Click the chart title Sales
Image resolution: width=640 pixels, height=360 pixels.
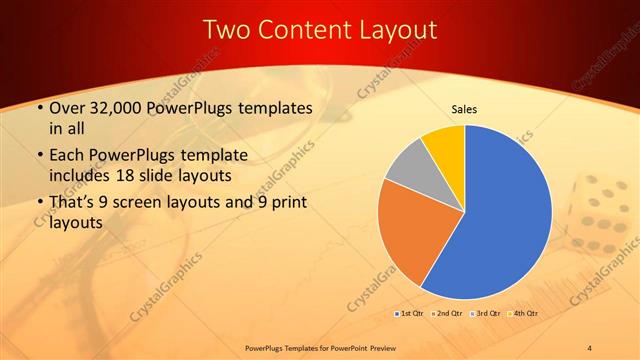(x=464, y=108)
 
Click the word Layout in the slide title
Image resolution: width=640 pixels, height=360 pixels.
(x=393, y=30)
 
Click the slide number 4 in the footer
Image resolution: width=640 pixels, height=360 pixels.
(x=590, y=347)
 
